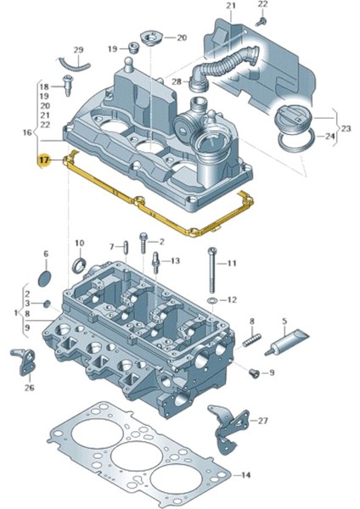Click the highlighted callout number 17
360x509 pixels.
point(42,159)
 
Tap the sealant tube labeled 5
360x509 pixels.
point(285,345)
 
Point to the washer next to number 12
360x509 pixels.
point(210,300)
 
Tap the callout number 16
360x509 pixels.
point(26,132)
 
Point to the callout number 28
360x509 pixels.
point(177,81)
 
